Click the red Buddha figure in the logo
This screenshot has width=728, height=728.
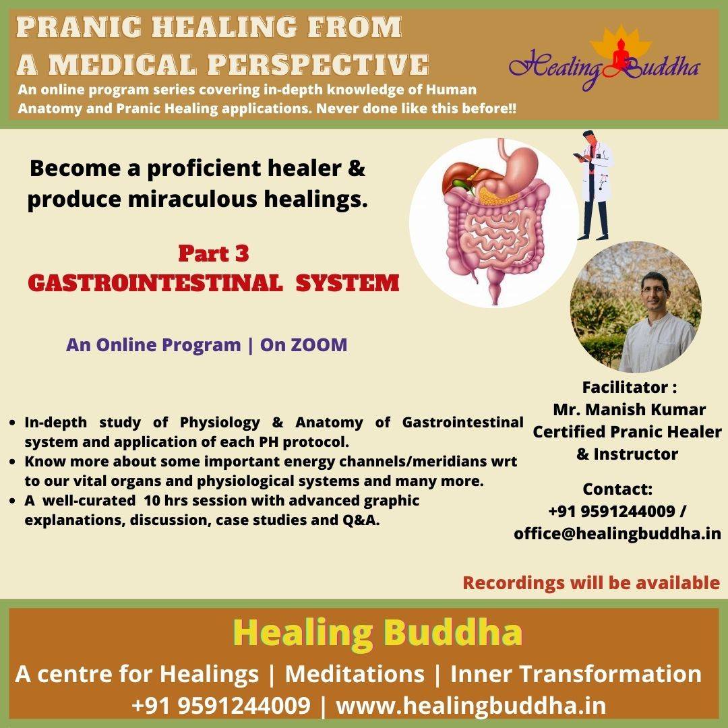click(620, 57)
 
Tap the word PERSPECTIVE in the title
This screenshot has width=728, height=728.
click(317, 64)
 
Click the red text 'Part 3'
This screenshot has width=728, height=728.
click(214, 253)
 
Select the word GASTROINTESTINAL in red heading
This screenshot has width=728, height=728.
click(155, 282)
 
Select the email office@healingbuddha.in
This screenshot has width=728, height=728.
click(617, 533)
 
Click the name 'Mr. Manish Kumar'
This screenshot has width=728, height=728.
click(629, 410)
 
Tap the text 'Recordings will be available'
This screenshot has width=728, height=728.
click(591, 582)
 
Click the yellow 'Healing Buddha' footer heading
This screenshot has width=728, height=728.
click(377, 632)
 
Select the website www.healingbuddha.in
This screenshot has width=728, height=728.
click(471, 706)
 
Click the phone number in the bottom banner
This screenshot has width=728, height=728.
click(221, 706)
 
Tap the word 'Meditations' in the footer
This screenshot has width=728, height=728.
click(355, 674)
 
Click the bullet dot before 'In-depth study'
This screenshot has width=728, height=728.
click(13, 423)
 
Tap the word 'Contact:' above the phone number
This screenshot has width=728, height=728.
click(617, 489)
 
